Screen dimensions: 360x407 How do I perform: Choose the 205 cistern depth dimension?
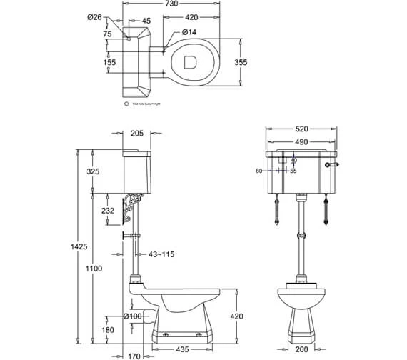(x=139, y=132)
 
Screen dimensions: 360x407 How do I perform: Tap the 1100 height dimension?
(x=94, y=268)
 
